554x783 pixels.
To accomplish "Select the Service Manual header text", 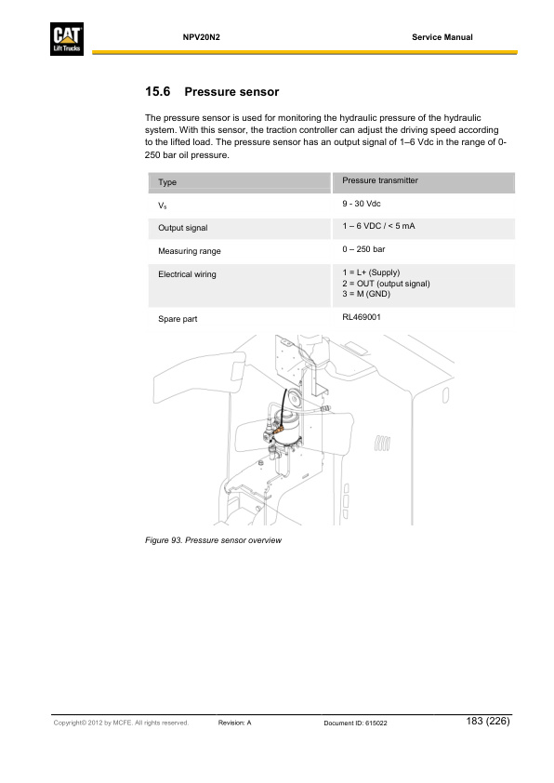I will pos(442,37).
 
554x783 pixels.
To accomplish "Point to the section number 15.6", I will pos(159,92).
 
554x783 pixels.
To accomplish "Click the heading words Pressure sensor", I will pos(232,92).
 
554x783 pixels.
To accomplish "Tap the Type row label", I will pos(167,182).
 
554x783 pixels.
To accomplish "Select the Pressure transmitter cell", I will pos(380,180).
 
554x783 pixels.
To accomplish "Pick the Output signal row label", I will pos(183,228).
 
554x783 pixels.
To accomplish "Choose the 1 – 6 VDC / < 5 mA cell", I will pos(378,226).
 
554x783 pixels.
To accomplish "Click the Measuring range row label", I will pos(190,251).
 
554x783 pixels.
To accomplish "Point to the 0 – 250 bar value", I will pos(363,249).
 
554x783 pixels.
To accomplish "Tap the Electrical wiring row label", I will pos(187,274).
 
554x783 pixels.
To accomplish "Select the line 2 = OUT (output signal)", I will pos(386,283).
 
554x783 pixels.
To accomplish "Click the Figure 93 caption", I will pos(213,541).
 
